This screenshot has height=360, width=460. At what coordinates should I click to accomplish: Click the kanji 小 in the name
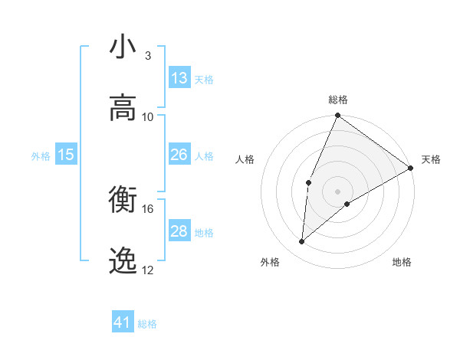click(x=123, y=47)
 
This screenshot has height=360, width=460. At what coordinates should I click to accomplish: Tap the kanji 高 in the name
click(x=123, y=108)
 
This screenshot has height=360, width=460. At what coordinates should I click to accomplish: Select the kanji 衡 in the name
click(x=123, y=201)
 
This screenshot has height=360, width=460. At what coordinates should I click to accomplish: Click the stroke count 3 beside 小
click(x=148, y=56)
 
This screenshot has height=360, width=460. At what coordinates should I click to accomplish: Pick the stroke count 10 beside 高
click(x=148, y=117)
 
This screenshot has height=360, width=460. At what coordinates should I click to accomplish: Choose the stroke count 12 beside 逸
click(x=148, y=270)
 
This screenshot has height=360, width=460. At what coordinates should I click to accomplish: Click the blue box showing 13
click(x=179, y=78)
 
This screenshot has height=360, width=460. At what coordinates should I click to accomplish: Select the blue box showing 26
click(x=179, y=155)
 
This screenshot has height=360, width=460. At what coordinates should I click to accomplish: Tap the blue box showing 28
click(x=179, y=231)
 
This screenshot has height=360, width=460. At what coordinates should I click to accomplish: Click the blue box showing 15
click(x=66, y=155)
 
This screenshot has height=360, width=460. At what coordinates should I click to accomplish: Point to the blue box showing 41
click(x=123, y=322)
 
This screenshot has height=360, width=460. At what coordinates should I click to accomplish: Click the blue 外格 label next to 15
click(x=41, y=155)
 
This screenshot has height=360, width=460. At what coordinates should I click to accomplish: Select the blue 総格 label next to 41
click(x=148, y=324)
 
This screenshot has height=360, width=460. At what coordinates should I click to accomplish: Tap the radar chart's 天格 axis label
click(x=431, y=159)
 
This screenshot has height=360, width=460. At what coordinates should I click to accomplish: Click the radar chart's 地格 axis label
click(x=402, y=262)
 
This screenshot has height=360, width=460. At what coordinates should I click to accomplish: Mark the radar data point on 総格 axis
click(x=337, y=116)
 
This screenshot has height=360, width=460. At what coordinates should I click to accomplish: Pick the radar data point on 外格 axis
click(x=302, y=242)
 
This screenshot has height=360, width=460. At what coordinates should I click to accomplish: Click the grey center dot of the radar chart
click(x=337, y=191)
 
